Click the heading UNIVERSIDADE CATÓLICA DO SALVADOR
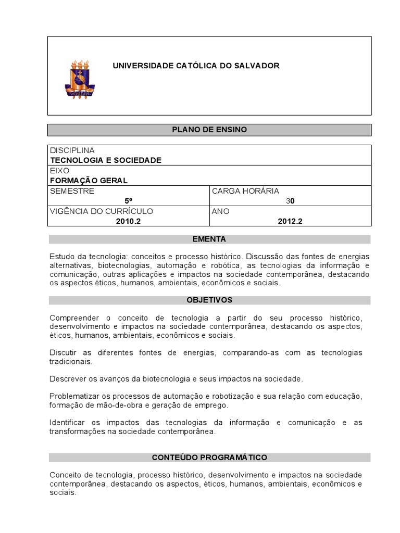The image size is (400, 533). [196, 66]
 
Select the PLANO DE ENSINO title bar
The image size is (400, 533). [209, 129]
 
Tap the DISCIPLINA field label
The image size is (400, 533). [72, 150]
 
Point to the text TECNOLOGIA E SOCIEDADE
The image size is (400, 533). [106, 160]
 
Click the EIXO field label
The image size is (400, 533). [59, 170]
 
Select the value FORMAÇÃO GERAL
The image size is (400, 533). [89, 181]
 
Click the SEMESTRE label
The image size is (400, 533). [72, 191]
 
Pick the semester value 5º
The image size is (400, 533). [128, 201]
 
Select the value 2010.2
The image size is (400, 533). [128, 221]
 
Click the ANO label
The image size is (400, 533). [220, 211]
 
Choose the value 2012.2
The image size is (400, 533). [290, 221]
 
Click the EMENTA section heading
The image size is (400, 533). [209, 239]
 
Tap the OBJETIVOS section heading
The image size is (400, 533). [209, 300]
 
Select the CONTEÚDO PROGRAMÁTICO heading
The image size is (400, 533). [209, 458]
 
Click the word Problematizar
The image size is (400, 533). [74, 396]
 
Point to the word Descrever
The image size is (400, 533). [68, 378]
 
